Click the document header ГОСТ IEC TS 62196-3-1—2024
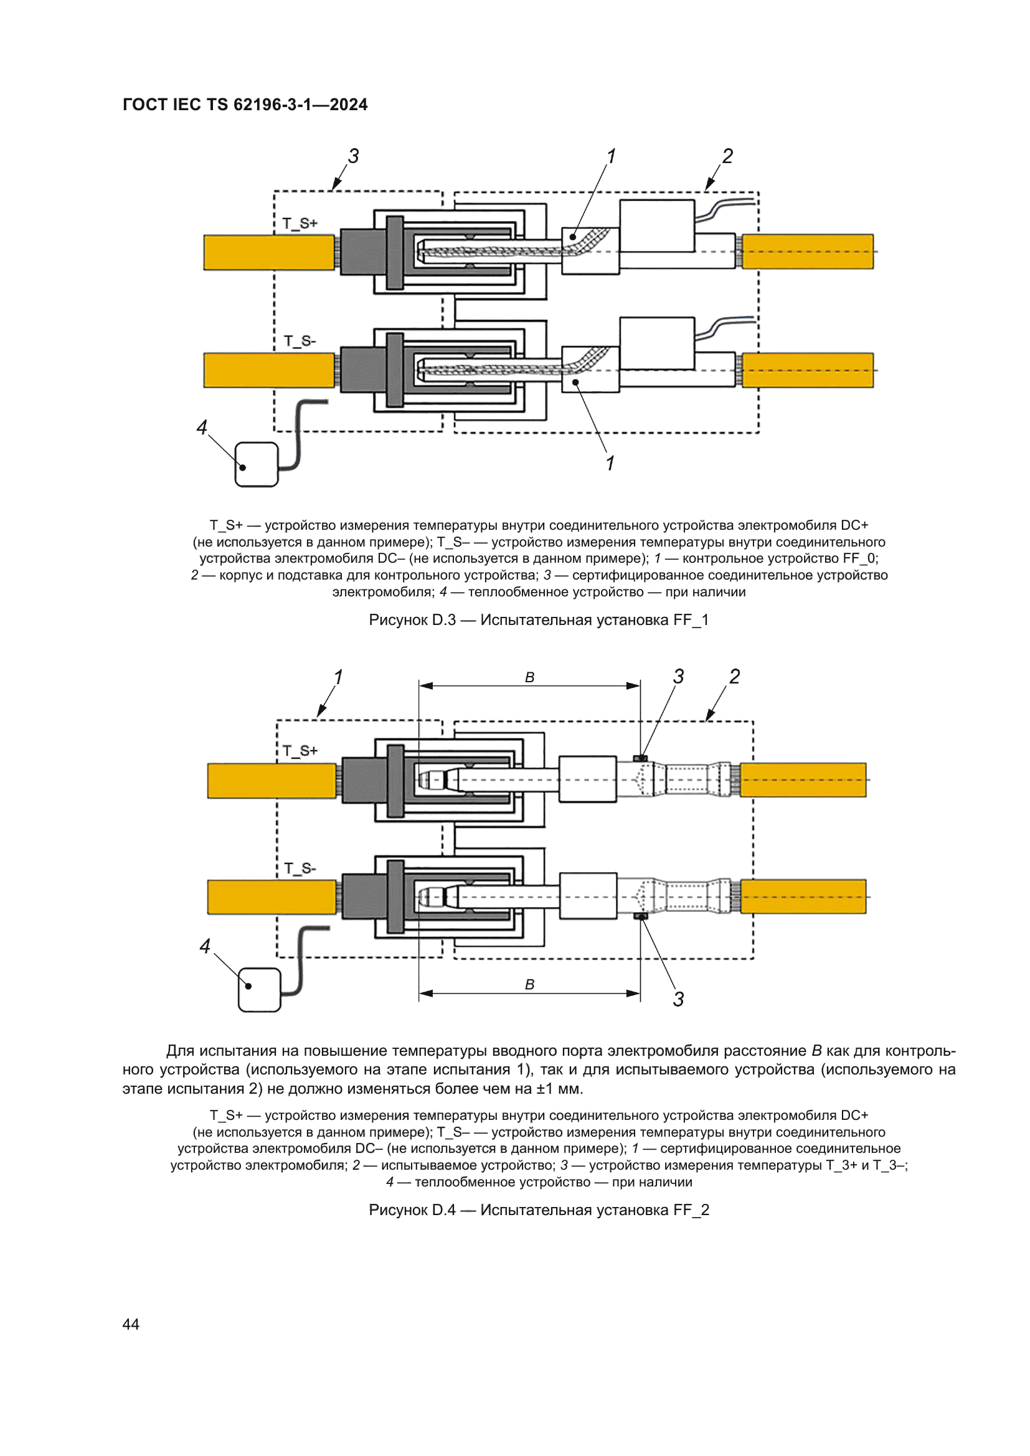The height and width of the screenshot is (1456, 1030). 245,105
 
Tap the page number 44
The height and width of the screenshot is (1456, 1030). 131,1324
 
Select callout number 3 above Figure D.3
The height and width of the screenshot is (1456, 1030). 353,156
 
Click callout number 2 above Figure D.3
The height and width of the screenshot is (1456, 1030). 727,156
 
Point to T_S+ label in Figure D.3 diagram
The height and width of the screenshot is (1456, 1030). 300,223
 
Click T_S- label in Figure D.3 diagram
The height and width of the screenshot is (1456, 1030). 300,341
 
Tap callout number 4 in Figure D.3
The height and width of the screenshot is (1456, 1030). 202,428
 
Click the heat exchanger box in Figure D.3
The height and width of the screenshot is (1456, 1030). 257,465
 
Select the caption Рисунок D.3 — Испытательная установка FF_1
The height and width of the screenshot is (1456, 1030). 539,620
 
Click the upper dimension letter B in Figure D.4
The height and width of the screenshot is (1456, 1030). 529,677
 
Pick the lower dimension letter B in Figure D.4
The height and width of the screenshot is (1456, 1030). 529,984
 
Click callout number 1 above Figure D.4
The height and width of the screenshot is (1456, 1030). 338,677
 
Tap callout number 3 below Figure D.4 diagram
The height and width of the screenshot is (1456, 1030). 678,1000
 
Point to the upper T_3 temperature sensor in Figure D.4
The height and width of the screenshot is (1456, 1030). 641,758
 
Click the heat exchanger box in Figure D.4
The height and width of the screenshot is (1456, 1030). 260,989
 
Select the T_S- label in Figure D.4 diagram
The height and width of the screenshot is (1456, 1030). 300,868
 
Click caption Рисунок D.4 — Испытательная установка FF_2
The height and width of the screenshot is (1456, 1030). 539,1210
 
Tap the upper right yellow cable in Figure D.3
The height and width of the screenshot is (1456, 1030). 808,251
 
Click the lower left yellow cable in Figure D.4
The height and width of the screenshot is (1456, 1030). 272,896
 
